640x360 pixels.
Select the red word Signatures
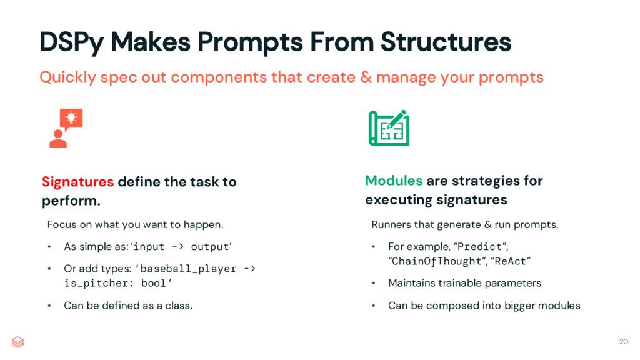click(x=77, y=182)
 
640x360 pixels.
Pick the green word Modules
click(x=394, y=181)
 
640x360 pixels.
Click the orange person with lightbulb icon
click(x=66, y=127)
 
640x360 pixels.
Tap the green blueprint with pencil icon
click(x=389, y=127)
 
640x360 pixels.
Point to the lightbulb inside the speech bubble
click(x=71, y=117)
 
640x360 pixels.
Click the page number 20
click(x=623, y=341)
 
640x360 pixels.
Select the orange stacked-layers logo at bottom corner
click(x=18, y=342)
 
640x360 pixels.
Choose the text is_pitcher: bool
click(x=112, y=284)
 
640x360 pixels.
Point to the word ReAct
click(x=516, y=261)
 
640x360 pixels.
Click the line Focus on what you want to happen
click(x=135, y=224)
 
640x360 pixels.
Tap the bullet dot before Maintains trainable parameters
click(x=374, y=284)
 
